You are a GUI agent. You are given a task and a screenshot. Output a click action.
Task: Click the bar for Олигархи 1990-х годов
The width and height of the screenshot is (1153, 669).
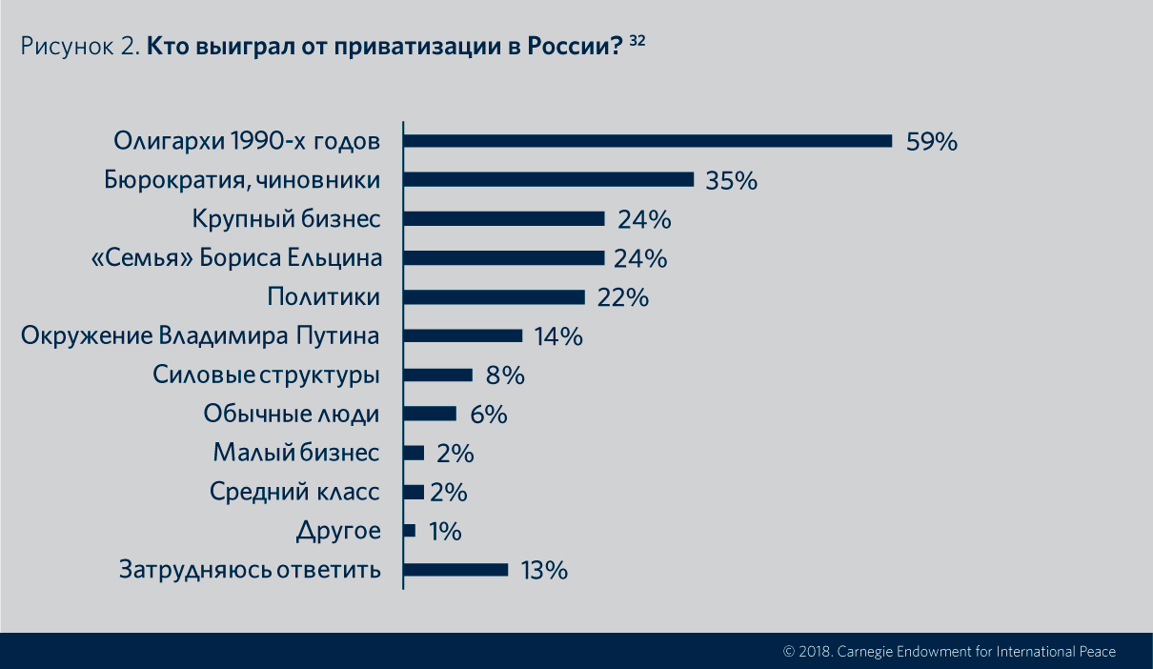tap(648, 141)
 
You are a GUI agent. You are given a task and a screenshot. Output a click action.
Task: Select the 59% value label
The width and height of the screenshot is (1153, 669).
tap(930, 142)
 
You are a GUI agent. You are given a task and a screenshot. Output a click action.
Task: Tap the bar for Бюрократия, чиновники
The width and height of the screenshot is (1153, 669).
tap(549, 180)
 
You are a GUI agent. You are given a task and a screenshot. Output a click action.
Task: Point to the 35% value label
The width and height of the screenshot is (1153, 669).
tap(731, 180)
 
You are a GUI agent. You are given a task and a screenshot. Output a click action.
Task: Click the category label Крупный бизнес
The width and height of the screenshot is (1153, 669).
tap(286, 219)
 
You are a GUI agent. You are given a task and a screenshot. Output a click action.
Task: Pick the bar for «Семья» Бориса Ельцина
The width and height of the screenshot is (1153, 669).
tap(504, 258)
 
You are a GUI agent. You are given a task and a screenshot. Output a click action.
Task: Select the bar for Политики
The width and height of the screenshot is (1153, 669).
tap(494, 297)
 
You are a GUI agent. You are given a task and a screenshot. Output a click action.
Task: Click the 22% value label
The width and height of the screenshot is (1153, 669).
tap(623, 297)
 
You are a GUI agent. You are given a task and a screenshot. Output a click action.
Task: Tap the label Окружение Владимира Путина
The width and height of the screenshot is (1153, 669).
tap(200, 336)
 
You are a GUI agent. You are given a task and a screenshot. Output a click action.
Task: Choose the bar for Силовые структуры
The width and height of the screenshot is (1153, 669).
tap(438, 375)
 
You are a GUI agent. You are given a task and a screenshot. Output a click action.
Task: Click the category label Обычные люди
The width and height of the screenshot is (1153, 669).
tap(292, 415)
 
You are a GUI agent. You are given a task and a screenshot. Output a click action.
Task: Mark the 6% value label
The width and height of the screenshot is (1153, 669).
tap(488, 415)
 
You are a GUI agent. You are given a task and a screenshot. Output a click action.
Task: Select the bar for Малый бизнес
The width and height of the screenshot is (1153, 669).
tap(415, 453)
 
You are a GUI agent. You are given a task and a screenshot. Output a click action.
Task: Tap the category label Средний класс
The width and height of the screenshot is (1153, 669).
tap(294, 493)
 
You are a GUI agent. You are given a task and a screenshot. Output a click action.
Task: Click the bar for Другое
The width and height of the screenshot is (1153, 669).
tap(410, 531)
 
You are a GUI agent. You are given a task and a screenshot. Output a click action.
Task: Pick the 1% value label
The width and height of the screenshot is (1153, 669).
tap(445, 532)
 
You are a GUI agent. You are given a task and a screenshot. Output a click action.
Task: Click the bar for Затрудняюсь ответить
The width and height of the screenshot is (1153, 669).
tap(456, 570)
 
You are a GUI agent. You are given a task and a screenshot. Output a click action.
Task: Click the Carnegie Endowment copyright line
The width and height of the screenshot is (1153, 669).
tap(949, 652)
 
